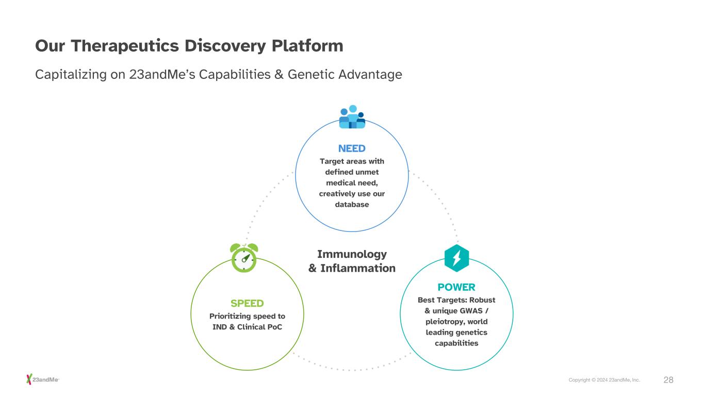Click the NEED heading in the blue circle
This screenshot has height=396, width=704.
point(352,148)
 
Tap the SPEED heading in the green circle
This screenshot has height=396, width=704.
point(247,303)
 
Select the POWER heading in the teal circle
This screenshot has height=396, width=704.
point(456,287)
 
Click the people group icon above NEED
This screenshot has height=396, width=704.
point(352,117)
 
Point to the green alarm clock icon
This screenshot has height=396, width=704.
point(243,257)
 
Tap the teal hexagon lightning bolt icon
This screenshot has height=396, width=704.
point(456,258)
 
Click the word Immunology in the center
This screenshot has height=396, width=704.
point(352,254)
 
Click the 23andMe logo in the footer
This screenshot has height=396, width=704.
point(43,380)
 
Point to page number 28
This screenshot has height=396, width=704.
point(668,380)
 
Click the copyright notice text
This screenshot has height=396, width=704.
point(604,380)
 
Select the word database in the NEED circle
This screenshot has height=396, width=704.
point(352,205)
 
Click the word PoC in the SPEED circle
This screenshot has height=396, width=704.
point(274,327)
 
